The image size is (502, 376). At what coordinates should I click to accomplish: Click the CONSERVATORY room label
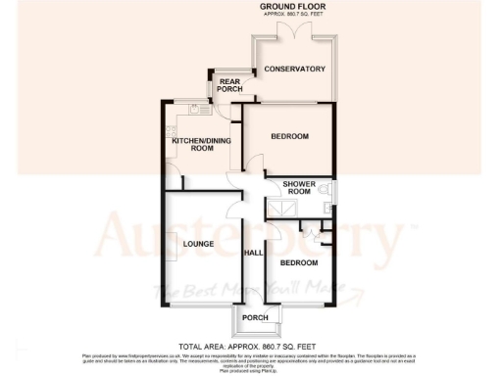(294, 70)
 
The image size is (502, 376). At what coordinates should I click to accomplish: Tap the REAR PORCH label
(230, 86)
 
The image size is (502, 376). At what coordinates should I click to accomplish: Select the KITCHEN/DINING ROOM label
(193, 145)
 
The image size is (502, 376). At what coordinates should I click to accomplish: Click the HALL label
(251, 253)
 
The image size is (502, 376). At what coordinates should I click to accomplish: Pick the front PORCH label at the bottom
(255, 318)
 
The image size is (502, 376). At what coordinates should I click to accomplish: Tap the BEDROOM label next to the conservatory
(290, 136)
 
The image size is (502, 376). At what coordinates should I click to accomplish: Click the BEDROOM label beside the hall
(299, 263)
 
